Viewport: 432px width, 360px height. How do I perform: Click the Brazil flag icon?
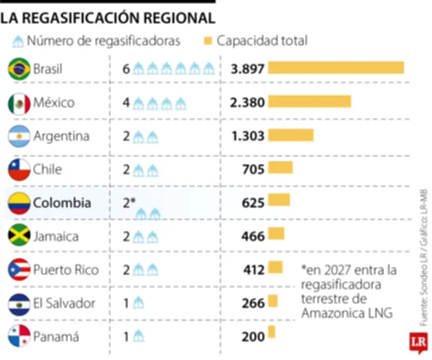[19, 69]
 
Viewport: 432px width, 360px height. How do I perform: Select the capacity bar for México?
[309, 102]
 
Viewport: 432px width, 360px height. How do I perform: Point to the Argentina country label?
[61, 136]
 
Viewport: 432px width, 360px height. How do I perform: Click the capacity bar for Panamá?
[272, 331]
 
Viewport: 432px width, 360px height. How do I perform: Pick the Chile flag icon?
[19, 169]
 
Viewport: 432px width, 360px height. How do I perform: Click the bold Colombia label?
[62, 203]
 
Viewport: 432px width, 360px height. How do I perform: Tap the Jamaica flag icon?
[19, 236]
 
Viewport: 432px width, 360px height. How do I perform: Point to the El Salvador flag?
[19, 303]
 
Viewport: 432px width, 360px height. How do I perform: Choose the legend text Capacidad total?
[262, 41]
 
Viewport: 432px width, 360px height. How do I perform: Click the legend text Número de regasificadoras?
[103, 41]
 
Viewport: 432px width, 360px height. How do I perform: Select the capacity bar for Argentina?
[291, 135]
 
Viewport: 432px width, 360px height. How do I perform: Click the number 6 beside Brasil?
[126, 69]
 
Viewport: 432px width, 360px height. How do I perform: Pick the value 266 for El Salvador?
[253, 303]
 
